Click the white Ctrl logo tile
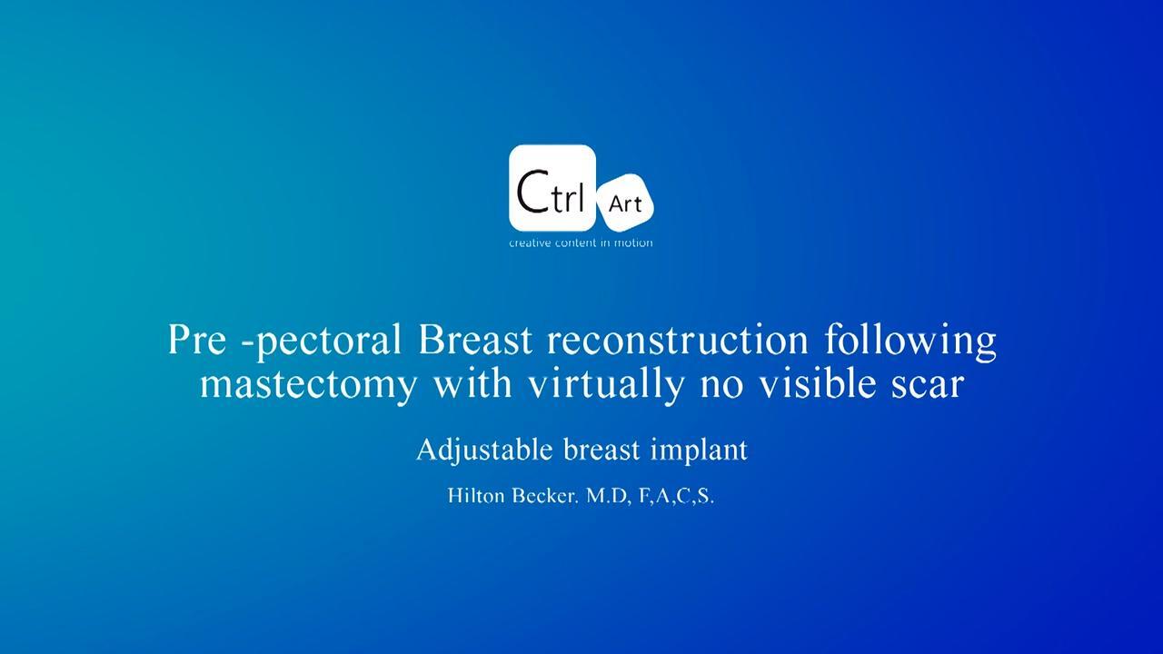[552, 188]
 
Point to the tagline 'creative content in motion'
[581, 243]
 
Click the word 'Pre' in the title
[197, 339]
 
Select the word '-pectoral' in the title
[322, 341]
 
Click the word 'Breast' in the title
[475, 339]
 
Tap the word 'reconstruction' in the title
[678, 339]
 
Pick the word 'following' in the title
[910, 341]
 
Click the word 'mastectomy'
[308, 385]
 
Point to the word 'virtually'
[606, 385]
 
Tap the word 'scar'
[929, 386]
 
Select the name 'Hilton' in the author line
[475, 496]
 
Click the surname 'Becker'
[545, 496]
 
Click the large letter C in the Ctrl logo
[532, 192]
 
